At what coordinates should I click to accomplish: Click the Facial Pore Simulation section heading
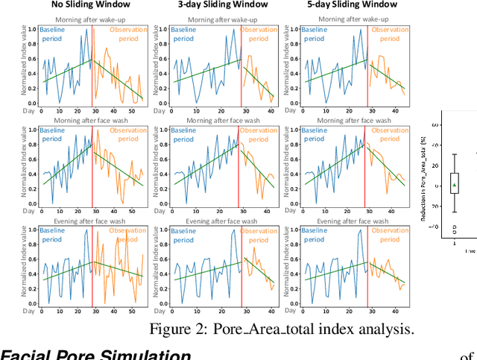[x=95, y=353]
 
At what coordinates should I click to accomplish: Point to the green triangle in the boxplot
[x=454, y=184]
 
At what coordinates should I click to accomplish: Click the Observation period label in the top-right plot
[x=390, y=35]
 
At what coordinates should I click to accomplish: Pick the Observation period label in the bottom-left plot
[x=126, y=238]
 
